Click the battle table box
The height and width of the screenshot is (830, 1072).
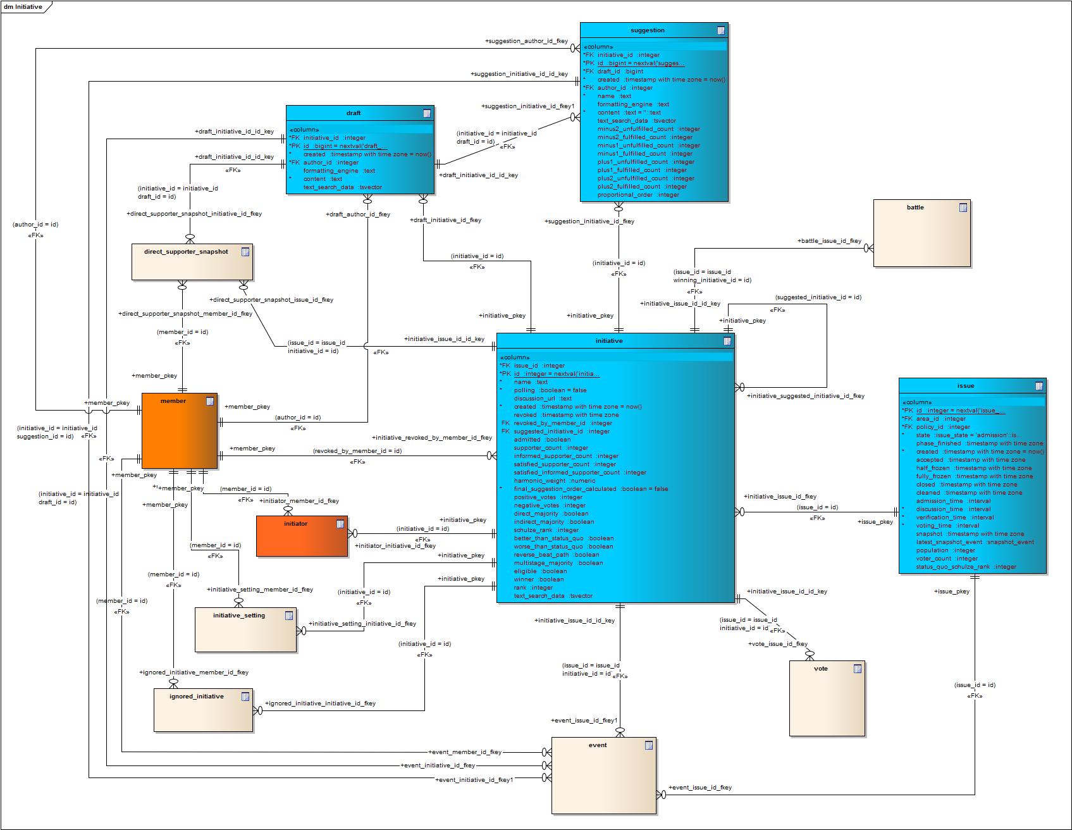click(x=921, y=233)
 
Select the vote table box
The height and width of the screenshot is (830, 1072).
click(x=827, y=698)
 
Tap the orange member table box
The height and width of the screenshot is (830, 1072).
click(x=180, y=431)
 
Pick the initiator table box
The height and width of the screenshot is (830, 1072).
click(x=302, y=536)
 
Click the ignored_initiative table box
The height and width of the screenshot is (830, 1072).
click(x=203, y=710)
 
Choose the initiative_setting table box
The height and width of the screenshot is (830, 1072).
click(x=245, y=629)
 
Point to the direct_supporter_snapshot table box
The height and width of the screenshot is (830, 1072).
click(x=192, y=261)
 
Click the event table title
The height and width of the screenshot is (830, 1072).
click(x=598, y=745)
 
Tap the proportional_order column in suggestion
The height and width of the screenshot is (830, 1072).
click(x=638, y=195)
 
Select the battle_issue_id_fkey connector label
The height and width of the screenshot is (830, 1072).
click(x=829, y=241)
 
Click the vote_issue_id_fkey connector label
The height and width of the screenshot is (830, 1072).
click(x=778, y=644)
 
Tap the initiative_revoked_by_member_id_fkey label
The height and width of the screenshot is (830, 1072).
click(x=432, y=438)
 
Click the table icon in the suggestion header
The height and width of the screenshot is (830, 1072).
click(x=720, y=30)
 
